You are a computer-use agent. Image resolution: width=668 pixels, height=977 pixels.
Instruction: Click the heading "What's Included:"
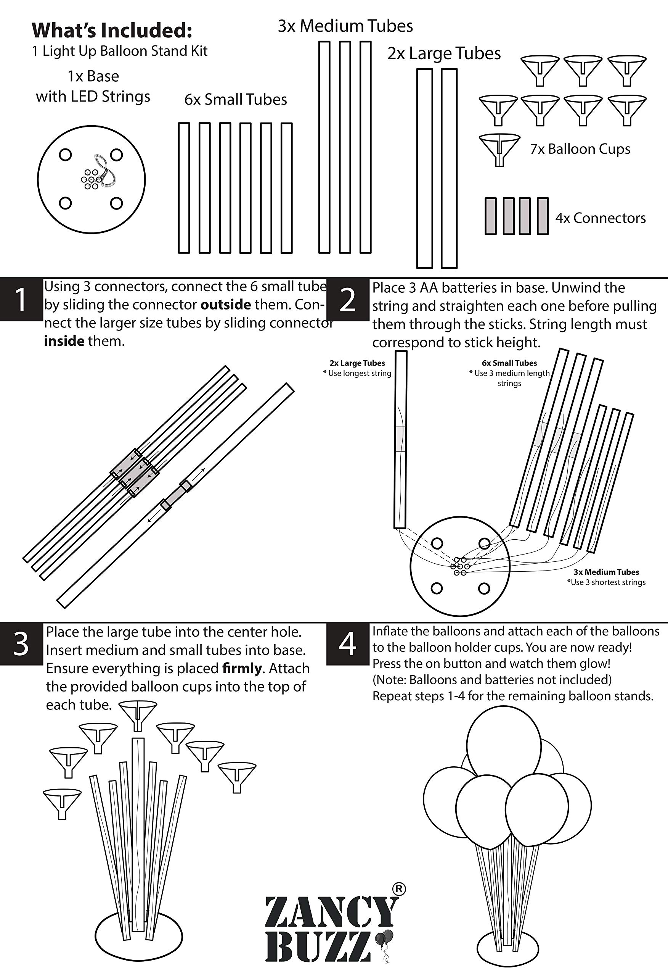click(112, 30)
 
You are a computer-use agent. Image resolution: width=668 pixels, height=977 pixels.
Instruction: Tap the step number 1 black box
click(21, 299)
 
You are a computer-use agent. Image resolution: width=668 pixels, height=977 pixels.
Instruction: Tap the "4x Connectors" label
click(601, 218)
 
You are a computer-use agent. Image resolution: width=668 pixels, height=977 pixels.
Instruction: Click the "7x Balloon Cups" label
click(580, 149)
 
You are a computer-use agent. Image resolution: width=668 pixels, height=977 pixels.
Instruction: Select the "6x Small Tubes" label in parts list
click(236, 100)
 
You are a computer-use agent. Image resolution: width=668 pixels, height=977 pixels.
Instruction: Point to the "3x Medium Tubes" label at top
click(345, 26)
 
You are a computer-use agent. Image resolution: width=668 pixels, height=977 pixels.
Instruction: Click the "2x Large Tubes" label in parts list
click(444, 53)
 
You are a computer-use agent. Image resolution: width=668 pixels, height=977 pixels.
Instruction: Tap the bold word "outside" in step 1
click(226, 305)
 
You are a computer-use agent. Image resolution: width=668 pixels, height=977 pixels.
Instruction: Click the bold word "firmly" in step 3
click(242, 668)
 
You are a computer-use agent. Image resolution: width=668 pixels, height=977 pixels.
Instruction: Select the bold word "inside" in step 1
click(64, 340)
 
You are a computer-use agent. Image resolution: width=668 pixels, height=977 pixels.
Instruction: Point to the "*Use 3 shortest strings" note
click(606, 582)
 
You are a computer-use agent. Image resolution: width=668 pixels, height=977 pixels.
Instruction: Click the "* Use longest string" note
click(357, 373)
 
